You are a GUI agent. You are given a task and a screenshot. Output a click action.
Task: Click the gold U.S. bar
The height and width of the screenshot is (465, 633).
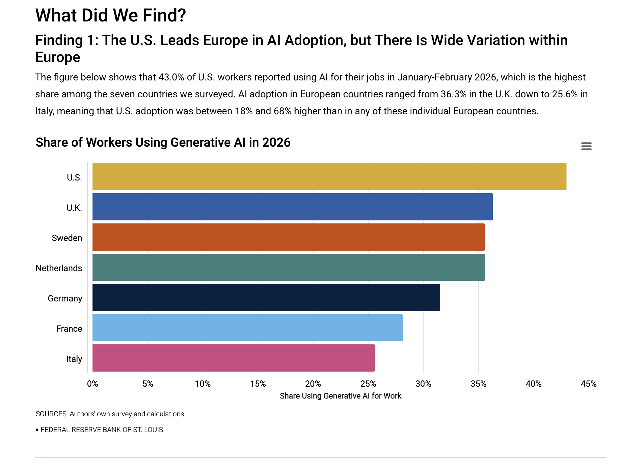[329, 177]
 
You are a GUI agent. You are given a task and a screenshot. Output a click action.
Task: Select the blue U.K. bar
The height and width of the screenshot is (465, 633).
[292, 207]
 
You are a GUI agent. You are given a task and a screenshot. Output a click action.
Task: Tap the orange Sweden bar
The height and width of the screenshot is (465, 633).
[288, 237]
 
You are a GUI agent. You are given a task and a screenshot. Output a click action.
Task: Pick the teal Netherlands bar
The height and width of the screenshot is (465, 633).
[288, 267]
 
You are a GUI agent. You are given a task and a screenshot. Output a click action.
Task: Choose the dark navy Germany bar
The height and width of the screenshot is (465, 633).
[266, 298]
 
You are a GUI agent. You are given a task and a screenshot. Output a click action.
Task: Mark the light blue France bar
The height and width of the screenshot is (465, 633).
[247, 328]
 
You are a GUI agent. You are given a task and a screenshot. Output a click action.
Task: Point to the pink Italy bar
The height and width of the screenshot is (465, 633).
[233, 358]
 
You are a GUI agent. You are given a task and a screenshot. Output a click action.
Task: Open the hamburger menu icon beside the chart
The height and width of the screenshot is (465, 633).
[586, 147]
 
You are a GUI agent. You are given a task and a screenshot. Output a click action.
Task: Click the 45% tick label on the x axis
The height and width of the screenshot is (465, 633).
[588, 384]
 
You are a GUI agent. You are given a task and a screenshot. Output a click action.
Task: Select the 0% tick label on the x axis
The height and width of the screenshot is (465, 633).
[93, 384]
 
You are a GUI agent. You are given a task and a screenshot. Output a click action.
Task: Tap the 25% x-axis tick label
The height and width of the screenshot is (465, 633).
[368, 384]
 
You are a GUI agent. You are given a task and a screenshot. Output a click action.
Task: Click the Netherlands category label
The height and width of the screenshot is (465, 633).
[59, 268]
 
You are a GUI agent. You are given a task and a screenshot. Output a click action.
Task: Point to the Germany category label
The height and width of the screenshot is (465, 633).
[65, 298]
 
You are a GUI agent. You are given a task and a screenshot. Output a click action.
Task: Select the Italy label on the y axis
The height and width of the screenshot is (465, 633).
[74, 359]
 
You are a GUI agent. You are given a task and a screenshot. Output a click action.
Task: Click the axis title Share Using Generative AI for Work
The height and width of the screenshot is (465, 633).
[340, 396]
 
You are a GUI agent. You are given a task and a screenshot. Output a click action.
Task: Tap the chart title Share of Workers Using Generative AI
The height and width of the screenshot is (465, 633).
[163, 142]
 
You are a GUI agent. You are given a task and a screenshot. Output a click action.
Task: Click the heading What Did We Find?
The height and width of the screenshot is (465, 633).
[111, 15]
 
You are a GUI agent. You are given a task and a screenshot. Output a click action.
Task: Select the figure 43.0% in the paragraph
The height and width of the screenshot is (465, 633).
[171, 77]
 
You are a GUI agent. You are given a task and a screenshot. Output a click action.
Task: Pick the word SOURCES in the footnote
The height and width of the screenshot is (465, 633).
[51, 414]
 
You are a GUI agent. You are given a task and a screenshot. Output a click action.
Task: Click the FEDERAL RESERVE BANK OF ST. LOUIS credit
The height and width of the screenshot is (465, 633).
[102, 430]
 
